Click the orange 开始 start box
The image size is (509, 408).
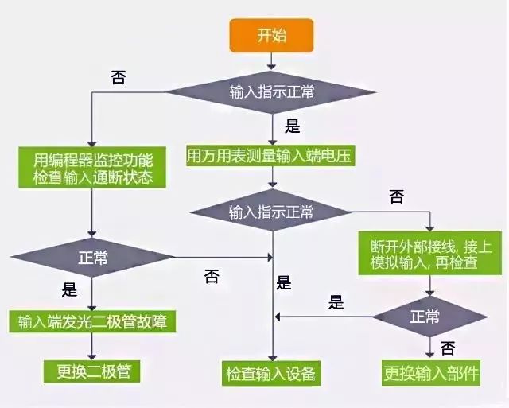pyautogui.click(x=271, y=34)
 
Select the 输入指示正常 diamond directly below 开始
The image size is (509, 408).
pyautogui.click(x=271, y=92)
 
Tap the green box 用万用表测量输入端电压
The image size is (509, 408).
pyautogui.click(x=270, y=157)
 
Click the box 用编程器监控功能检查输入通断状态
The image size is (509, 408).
pyautogui.click(x=93, y=166)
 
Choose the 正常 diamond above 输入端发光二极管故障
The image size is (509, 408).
pyautogui.click(x=93, y=258)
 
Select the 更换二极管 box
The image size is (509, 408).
pyautogui.click(x=93, y=371)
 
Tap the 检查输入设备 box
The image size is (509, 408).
pyautogui.click(x=271, y=372)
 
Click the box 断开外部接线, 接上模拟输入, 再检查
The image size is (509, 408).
pyautogui.click(x=430, y=253)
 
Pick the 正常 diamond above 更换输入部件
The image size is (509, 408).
pyautogui.click(x=430, y=317)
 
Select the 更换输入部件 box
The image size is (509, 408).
pyautogui.click(x=430, y=372)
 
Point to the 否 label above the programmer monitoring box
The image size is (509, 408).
pyautogui.click(x=118, y=76)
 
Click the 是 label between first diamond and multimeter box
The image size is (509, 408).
pyautogui.click(x=292, y=125)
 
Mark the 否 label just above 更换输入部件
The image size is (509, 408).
pyautogui.click(x=448, y=348)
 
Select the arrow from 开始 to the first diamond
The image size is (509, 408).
pyautogui.click(x=271, y=59)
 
